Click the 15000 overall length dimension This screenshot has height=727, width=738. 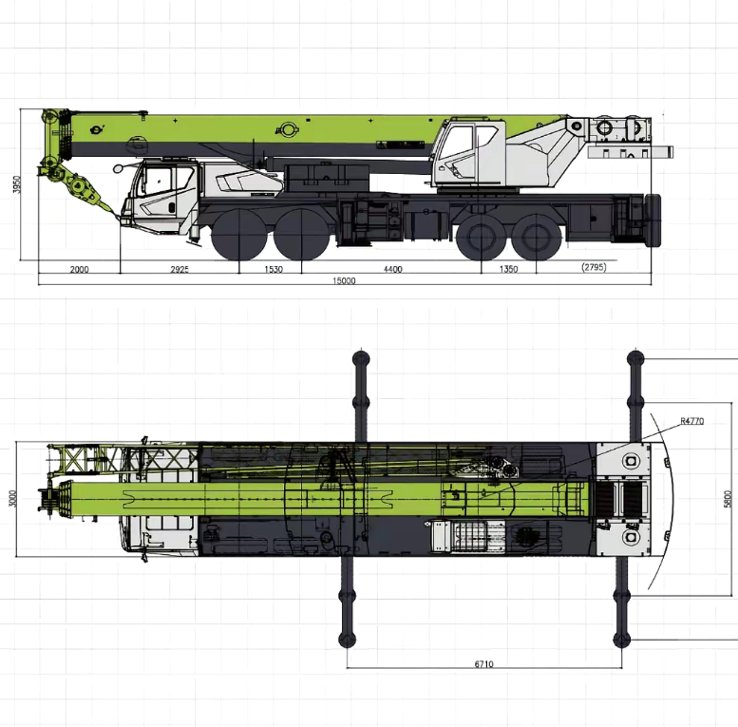344,280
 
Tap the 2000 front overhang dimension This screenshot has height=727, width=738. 79,269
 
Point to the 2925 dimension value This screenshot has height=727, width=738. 180,269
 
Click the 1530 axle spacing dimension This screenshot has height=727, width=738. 274,269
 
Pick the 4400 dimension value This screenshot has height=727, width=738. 392,269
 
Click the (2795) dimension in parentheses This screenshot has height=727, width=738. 594,268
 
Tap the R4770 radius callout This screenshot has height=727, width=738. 691,420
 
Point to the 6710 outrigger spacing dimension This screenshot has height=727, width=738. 484,664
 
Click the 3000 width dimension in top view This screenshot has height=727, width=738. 13,498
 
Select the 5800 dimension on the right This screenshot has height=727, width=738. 728,498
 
